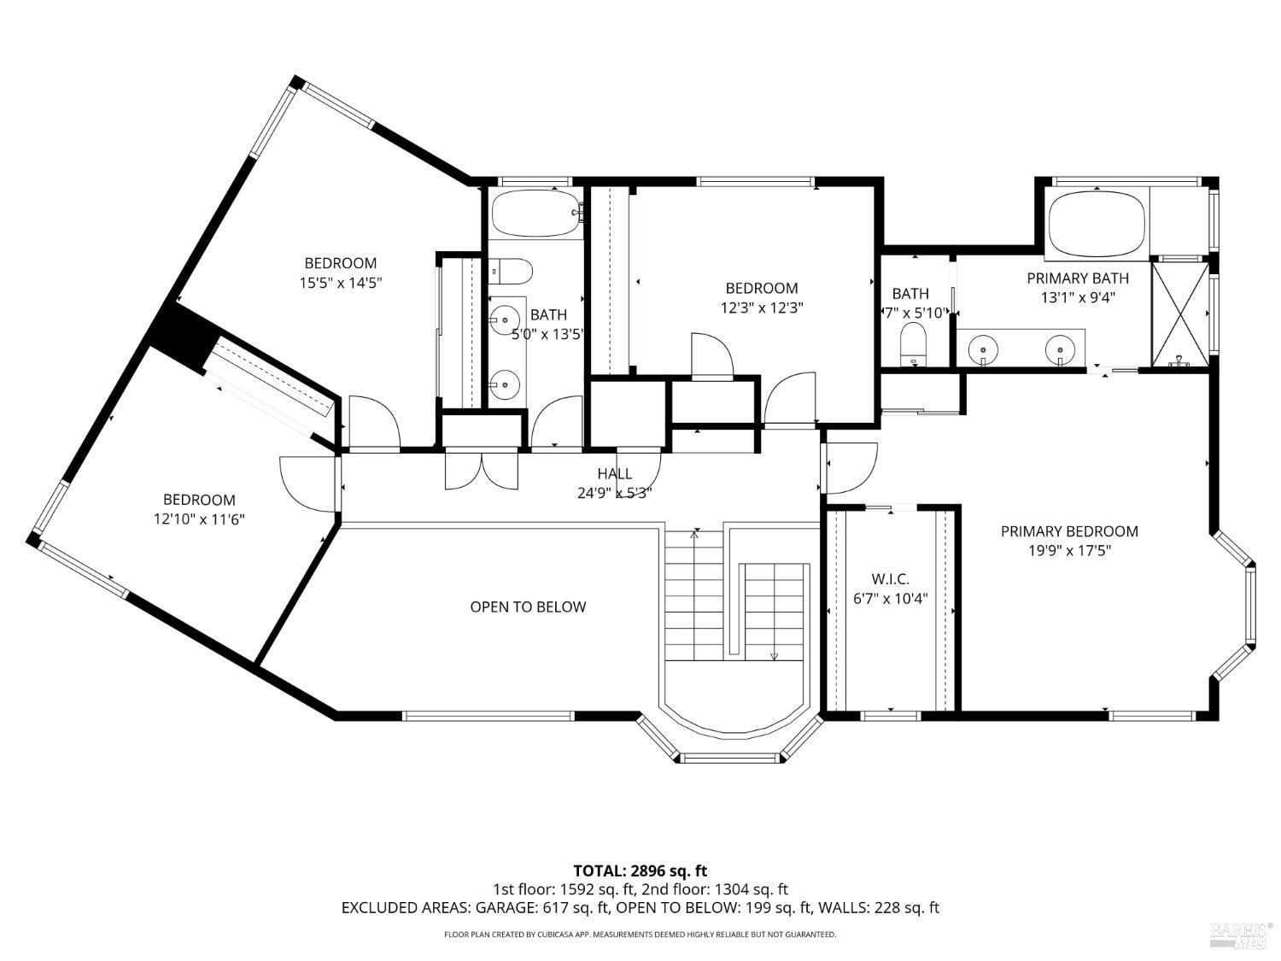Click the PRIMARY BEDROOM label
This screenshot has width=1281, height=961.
click(x=1069, y=531)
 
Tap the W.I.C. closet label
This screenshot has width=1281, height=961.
click(x=890, y=579)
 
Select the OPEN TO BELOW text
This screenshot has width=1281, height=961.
click(x=528, y=606)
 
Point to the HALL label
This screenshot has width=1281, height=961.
click(x=614, y=473)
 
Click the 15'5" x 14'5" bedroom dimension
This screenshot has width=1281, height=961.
click(x=341, y=283)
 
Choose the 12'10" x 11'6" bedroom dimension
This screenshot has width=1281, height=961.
click(x=199, y=519)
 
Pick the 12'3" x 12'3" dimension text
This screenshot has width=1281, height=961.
click(x=762, y=308)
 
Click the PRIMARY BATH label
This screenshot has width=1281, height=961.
click(x=1078, y=278)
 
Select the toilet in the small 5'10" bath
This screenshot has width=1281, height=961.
click(x=913, y=345)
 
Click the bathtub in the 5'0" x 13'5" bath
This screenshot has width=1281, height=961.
click(x=535, y=213)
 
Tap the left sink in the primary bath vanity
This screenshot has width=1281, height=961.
click(x=983, y=349)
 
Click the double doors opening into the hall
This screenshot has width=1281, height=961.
click(x=482, y=470)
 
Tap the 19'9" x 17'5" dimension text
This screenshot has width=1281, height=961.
click(x=1069, y=550)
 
